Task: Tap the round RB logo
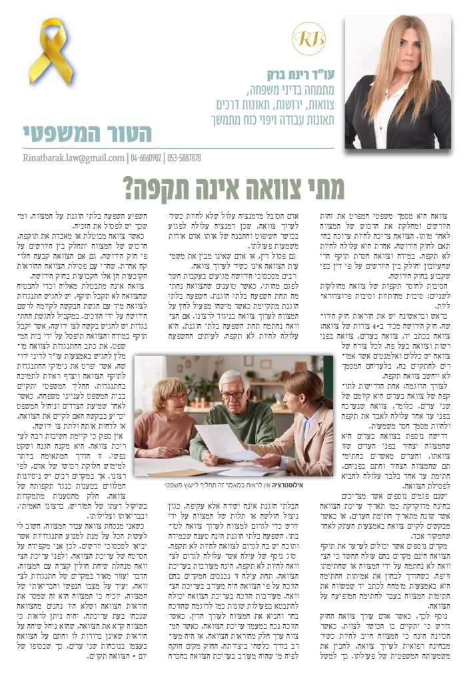point(308,39)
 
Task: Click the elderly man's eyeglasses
point(233,395)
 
